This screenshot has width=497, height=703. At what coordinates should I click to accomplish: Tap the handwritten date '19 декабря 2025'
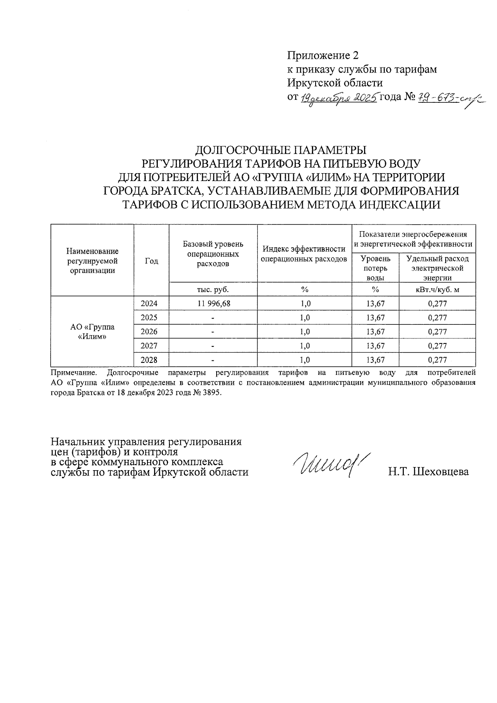pos(338,98)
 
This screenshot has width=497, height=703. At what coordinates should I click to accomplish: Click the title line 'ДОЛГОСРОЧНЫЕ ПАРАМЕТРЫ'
pos(281,150)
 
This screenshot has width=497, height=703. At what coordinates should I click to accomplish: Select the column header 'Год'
pos(151,261)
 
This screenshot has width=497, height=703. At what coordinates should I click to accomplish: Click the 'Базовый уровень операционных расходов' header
pos(213,254)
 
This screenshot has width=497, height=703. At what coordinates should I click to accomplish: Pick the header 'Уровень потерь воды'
pos(375,268)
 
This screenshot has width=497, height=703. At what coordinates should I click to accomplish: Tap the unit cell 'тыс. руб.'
pos(213,290)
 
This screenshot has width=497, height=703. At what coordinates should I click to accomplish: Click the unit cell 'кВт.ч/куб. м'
pos(437,290)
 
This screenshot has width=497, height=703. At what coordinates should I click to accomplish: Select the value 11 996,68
pos(214,304)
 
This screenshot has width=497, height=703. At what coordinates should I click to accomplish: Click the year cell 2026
pos(149,332)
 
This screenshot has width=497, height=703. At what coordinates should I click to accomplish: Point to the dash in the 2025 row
pos(213,318)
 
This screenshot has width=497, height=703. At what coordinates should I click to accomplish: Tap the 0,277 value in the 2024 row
pos(437,304)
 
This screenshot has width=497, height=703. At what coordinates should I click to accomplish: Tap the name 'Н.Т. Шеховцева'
pos(428,472)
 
